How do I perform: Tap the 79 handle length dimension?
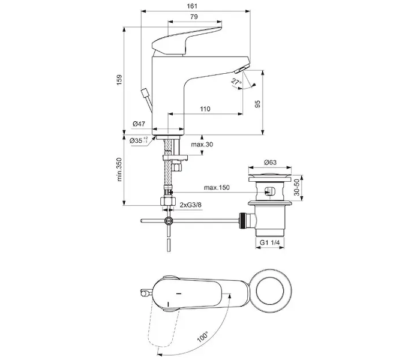[x=194, y=17]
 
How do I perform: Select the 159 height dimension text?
[x=119, y=80]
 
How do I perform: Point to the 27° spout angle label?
[x=236, y=82]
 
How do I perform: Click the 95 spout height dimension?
[x=257, y=104]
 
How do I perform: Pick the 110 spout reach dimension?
[x=205, y=109]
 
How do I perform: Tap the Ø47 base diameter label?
[x=139, y=124]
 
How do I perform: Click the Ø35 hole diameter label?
[x=139, y=140]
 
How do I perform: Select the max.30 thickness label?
[x=202, y=145]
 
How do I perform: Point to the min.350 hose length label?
[x=119, y=170]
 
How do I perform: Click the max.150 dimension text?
[x=217, y=187]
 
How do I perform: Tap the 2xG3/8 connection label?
[x=190, y=205]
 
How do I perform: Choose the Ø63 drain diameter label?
[x=270, y=162]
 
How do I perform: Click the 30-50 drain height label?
[x=297, y=187]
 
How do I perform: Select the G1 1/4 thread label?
[x=270, y=242]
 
